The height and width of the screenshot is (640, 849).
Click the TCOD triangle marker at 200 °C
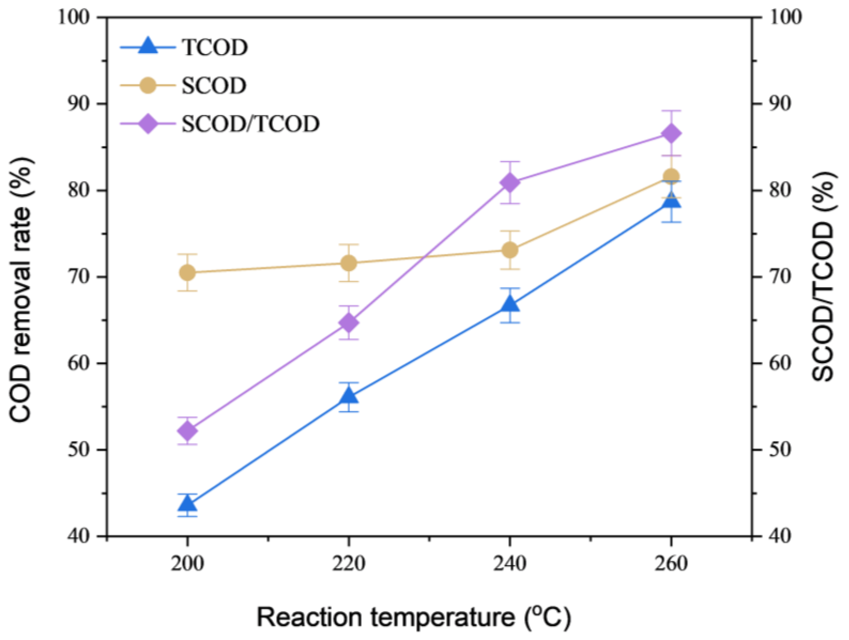187,503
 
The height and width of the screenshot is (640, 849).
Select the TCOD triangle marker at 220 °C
348,395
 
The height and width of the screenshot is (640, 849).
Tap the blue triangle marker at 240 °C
510,304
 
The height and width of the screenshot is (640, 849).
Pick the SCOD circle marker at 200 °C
187,272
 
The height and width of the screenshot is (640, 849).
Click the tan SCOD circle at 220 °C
348,263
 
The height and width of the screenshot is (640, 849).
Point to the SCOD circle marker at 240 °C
510,250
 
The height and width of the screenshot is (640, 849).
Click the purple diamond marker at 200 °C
187,431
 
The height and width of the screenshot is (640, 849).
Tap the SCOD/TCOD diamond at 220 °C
348,323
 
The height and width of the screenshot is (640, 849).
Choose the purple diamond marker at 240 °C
510,183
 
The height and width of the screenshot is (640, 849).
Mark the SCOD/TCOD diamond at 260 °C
671,134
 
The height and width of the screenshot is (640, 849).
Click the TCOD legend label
215,48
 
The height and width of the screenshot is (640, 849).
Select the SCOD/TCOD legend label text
250,124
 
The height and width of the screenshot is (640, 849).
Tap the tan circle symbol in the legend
148,85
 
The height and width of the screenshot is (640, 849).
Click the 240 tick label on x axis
510,564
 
